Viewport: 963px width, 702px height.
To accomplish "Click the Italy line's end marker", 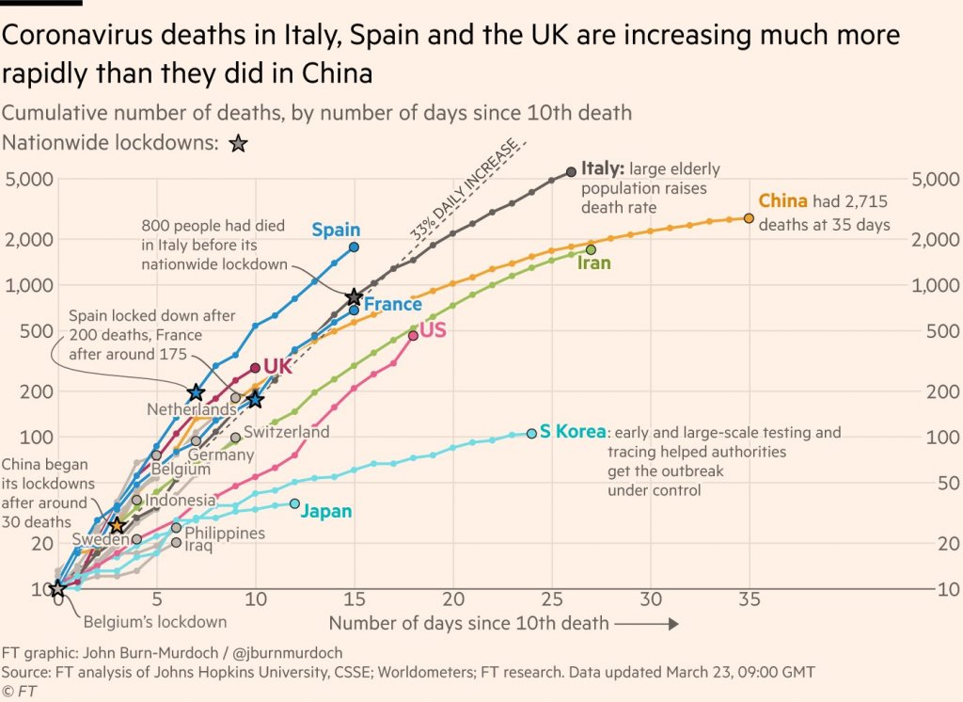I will (571, 171).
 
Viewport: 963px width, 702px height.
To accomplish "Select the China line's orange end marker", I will (749, 218).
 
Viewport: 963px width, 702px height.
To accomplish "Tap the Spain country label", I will (336, 230).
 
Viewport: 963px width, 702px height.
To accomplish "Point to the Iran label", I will (594, 263).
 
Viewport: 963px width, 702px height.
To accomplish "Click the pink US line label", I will (433, 330).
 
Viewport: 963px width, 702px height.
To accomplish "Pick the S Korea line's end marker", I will (531, 433).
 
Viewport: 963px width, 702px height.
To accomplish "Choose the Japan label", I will (326, 512).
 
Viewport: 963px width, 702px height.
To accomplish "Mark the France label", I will (393, 304).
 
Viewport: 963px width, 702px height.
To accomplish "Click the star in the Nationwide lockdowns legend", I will (239, 144).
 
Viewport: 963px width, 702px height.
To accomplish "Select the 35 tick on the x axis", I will (749, 598).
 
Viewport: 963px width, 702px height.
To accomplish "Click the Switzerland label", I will (287, 432).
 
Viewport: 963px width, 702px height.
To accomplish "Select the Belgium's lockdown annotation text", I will (155, 621).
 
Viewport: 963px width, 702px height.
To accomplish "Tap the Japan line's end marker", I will (294, 504).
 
